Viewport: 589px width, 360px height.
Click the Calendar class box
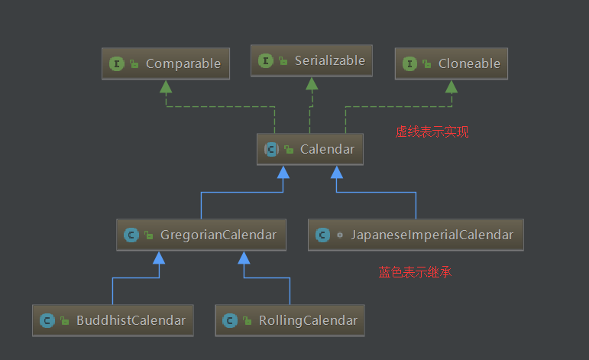point(310,150)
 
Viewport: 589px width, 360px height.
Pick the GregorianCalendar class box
point(202,235)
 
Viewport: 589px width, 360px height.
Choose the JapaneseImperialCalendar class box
point(416,235)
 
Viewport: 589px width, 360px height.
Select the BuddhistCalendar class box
point(113,320)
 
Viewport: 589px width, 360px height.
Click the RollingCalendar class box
point(290,320)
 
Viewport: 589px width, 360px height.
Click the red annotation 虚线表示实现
point(432,131)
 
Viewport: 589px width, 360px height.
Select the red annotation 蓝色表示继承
point(415,271)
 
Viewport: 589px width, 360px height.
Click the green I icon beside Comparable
point(118,64)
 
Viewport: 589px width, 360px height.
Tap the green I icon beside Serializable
point(266,60)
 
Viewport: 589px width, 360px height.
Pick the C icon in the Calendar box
point(271,150)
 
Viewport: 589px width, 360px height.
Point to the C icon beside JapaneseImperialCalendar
point(323,235)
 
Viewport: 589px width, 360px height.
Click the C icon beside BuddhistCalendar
point(47,320)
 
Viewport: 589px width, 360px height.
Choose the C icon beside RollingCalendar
point(230,320)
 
